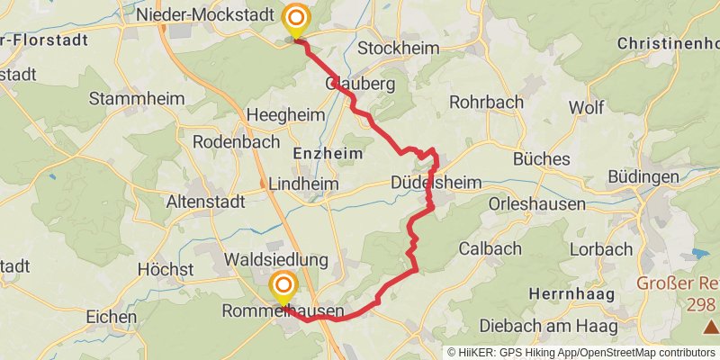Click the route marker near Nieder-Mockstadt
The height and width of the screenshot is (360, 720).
pos(295,19)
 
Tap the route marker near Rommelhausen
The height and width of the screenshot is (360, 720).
pos(283,288)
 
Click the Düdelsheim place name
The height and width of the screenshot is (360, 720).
pos(436,183)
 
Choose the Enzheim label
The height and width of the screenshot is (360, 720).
pos(328,154)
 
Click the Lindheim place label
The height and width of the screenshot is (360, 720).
pos(303,183)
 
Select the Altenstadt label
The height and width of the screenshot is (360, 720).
pos(205,202)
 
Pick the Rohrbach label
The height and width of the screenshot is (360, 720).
pos(486,102)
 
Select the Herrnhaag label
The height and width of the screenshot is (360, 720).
pos(571,294)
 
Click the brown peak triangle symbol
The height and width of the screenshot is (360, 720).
pos(711,325)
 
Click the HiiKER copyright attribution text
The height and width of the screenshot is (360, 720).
pos(582,352)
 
